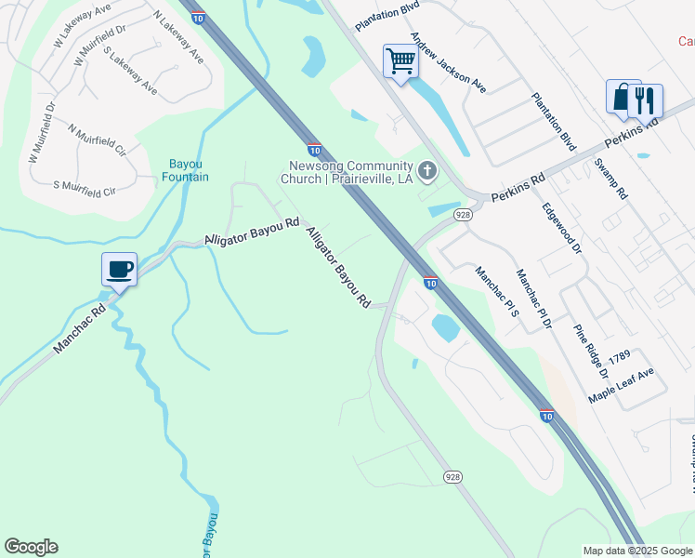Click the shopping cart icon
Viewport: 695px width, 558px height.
[x=401, y=62]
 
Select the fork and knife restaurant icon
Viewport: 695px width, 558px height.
[x=646, y=100]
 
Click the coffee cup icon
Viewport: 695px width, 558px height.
[x=120, y=270]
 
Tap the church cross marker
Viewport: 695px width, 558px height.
[x=427, y=170]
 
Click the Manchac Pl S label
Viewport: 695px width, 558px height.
[x=496, y=293]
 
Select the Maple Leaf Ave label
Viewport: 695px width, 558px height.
[x=621, y=385]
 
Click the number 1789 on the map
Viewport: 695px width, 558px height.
[x=620, y=357]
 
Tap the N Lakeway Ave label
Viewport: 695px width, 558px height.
[x=178, y=38]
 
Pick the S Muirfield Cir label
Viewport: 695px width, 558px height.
[x=85, y=189]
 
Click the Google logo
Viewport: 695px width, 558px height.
[x=31, y=547]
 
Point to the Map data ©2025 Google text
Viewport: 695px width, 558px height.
[x=636, y=551]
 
